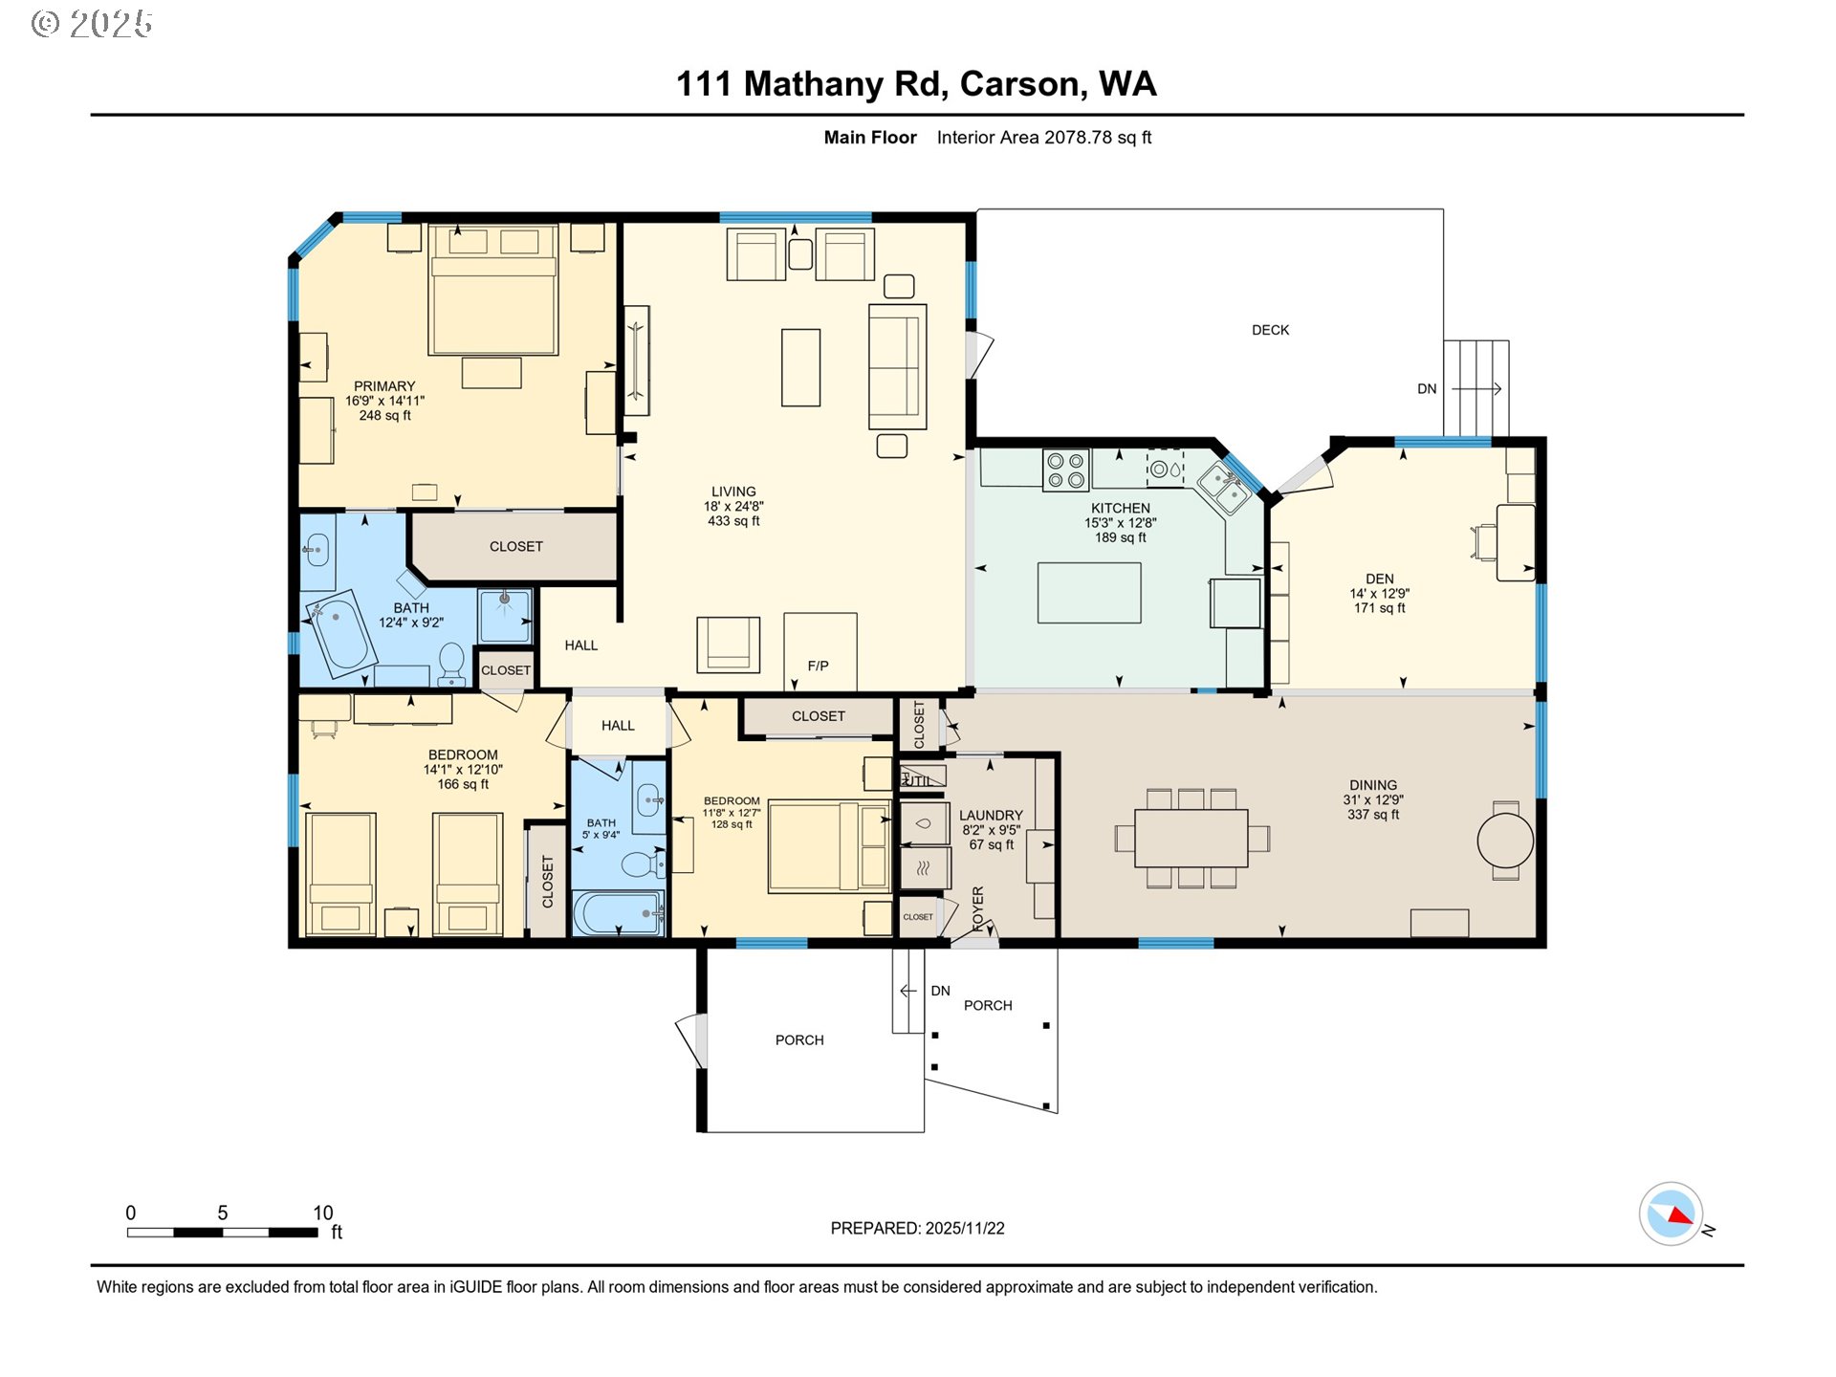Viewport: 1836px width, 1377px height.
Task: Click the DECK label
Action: coord(1270,330)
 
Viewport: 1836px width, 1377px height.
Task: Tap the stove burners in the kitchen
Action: coord(1066,470)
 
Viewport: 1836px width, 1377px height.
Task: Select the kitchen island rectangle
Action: coord(1089,593)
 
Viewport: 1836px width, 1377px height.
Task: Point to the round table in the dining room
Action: coord(1505,841)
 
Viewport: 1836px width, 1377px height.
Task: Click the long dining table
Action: coord(1191,838)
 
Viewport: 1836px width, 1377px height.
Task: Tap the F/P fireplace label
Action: coord(818,666)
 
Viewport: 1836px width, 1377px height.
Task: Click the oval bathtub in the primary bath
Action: coord(339,632)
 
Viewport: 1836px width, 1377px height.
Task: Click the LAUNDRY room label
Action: coord(991,816)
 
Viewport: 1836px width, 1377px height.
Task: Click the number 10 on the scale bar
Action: coord(322,1213)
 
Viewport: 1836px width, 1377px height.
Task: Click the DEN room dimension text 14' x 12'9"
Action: coord(1379,594)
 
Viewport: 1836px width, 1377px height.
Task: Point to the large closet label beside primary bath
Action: coord(515,546)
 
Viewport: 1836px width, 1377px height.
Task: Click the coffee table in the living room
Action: coord(800,367)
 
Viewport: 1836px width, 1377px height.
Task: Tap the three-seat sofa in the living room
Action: coord(897,366)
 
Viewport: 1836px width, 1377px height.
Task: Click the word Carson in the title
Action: coord(1022,84)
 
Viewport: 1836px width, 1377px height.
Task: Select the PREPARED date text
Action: coord(917,1228)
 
